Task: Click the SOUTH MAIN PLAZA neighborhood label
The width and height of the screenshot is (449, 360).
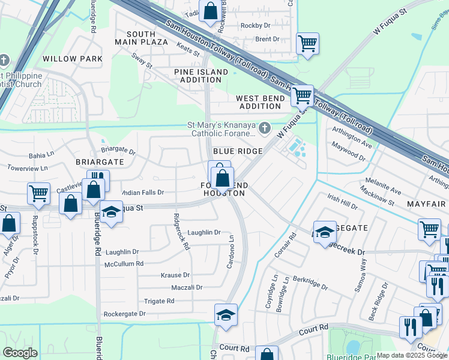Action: [x=140, y=38]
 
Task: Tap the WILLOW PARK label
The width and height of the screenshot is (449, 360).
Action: [x=73, y=59]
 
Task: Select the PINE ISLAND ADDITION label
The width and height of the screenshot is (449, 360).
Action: [x=201, y=76]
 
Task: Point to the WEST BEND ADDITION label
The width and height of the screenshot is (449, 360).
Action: [x=259, y=102]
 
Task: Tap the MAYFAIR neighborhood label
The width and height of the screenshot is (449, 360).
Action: [x=426, y=204]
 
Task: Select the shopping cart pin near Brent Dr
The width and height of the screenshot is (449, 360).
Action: [x=307, y=43]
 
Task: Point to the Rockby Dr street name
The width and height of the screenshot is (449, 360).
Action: [x=255, y=25]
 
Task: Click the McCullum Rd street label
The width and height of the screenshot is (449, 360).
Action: [x=124, y=263]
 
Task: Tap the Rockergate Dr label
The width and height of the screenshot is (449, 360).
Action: [x=124, y=314]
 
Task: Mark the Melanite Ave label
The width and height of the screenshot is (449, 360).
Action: [x=381, y=186]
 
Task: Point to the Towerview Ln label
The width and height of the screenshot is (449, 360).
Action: [x=26, y=169]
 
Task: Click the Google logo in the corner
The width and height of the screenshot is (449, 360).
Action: [x=20, y=352]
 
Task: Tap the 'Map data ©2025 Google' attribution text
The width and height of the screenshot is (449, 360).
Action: [x=411, y=355]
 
